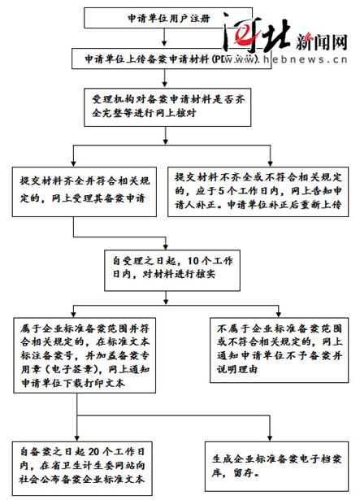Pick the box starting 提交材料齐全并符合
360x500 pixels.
pos(85,190)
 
